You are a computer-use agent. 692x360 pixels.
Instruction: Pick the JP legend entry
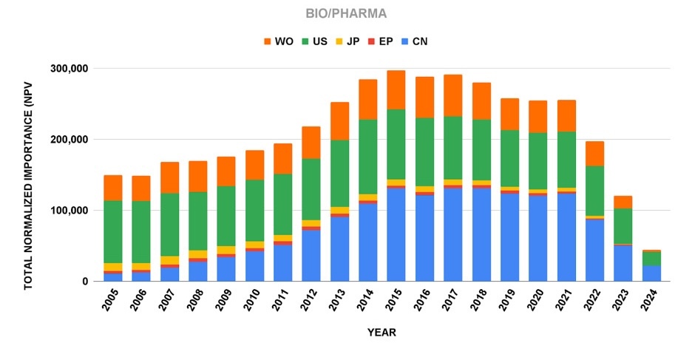(x=350, y=41)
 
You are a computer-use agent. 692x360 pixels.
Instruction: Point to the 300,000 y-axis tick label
(x=67, y=69)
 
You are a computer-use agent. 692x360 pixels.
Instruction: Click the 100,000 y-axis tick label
(x=67, y=211)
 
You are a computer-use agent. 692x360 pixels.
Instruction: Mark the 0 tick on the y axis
(x=85, y=282)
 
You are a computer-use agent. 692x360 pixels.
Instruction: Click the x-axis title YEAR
(x=381, y=333)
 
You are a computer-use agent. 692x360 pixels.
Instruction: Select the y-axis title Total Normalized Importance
(x=29, y=175)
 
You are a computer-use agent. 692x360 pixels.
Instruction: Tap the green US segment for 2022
(x=595, y=191)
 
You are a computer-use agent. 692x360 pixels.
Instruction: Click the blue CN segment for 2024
(x=652, y=274)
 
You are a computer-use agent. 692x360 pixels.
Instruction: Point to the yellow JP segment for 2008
(x=198, y=254)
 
